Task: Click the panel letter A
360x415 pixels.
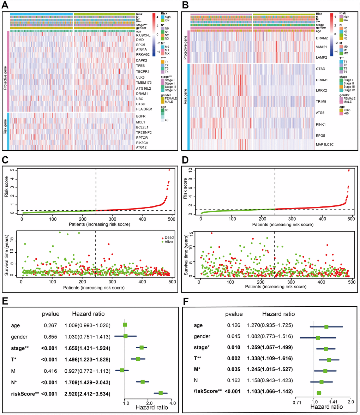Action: (x=6, y=5)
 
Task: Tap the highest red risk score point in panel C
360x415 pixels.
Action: (x=169, y=170)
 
